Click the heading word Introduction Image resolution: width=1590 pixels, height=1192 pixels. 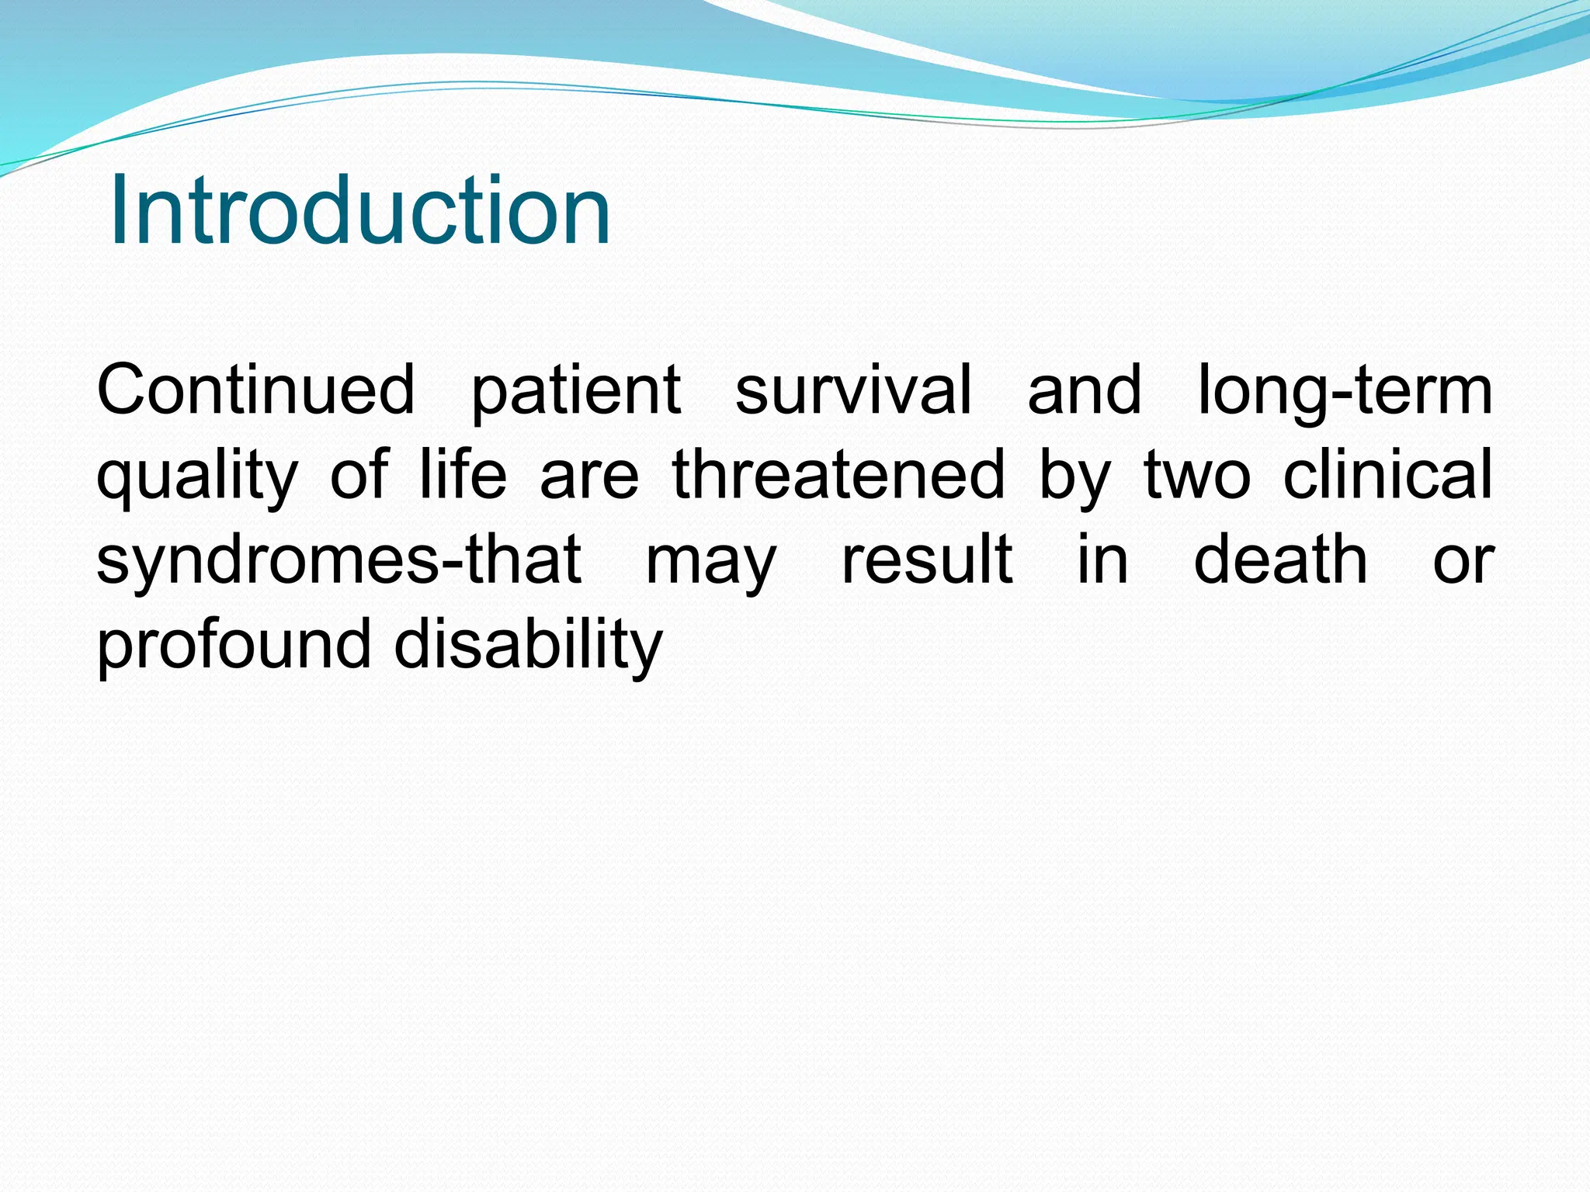coord(359,210)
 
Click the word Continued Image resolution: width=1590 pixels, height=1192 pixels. coord(256,390)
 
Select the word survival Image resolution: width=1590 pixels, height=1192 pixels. coord(852,390)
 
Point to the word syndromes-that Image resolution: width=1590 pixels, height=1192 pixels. coord(338,560)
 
